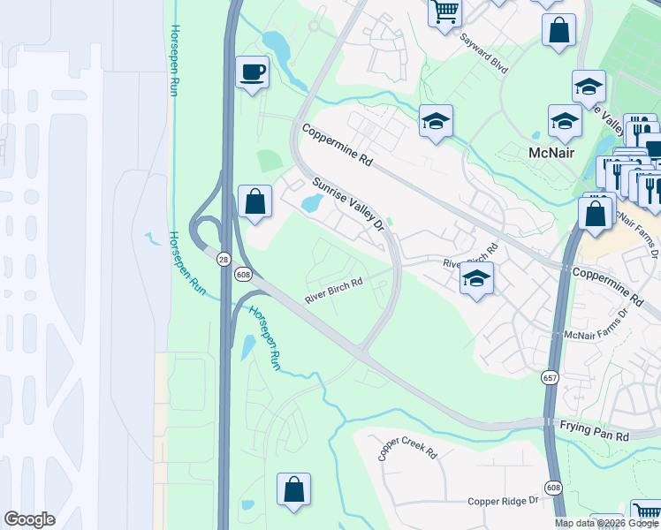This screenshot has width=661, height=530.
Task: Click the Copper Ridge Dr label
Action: tap(504, 501)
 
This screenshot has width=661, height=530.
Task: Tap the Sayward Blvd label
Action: tap(483, 54)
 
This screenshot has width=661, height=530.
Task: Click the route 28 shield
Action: tap(222, 257)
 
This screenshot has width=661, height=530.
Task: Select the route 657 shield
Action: tap(550, 377)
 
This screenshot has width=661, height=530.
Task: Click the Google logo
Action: tap(29, 519)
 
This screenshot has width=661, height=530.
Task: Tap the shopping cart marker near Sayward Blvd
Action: tap(445, 11)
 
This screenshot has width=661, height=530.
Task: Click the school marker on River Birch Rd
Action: tap(476, 279)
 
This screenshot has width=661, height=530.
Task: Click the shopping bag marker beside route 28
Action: tap(255, 201)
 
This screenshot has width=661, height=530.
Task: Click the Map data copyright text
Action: tap(605, 523)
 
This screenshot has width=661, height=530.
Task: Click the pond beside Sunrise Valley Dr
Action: tap(311, 204)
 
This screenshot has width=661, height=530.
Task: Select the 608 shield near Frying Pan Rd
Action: tap(553, 487)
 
